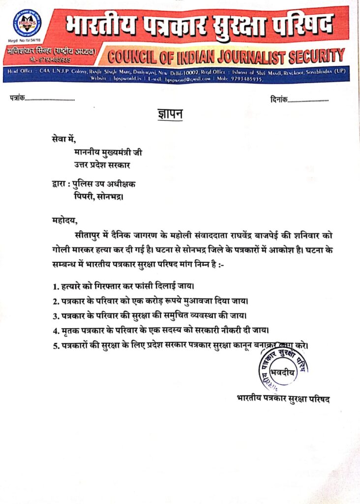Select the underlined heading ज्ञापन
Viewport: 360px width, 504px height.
tap(167, 115)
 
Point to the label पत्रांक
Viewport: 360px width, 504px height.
tap(17, 99)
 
